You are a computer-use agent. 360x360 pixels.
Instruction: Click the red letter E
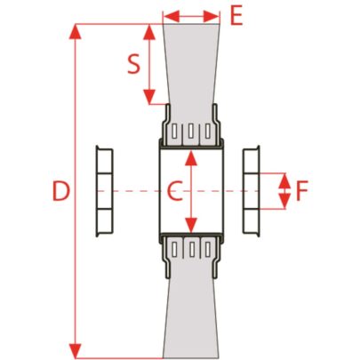236,15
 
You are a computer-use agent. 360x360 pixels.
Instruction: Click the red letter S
133,65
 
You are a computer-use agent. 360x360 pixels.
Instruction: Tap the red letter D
61,191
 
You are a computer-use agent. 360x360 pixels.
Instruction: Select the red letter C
174,191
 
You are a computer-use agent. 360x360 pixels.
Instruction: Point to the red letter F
302,191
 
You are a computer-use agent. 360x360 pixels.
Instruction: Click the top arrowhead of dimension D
75,32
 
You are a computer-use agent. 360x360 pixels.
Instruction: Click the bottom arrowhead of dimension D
75,350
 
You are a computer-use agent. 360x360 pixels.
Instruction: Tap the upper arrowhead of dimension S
149,32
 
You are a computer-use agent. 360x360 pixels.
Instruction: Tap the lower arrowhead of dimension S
149,97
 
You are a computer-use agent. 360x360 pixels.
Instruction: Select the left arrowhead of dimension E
172,16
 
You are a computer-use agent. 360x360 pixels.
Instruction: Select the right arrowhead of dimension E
212,16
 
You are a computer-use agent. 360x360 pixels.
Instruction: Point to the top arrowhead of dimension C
191,157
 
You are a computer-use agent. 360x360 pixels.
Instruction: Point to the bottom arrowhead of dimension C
191,225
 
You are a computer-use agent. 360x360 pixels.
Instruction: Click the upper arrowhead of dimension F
284,180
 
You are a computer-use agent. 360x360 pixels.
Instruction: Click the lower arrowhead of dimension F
284,202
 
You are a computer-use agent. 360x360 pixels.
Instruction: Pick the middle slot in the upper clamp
191,131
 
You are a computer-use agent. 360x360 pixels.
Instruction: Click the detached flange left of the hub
105,191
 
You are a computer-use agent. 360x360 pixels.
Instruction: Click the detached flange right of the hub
252,191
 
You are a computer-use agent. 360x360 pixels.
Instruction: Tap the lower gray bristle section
191,318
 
